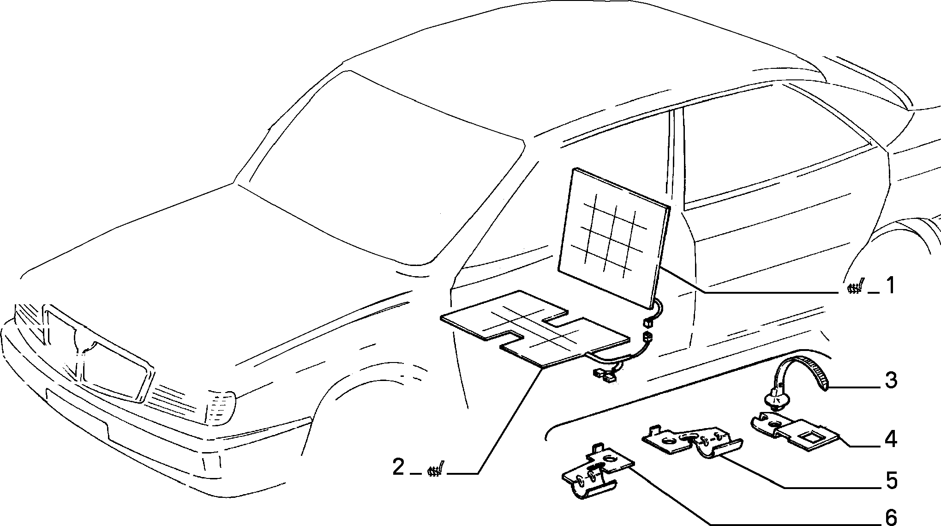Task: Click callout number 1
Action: click(890, 285)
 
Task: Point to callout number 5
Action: click(891, 481)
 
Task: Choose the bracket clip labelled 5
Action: click(692, 441)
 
